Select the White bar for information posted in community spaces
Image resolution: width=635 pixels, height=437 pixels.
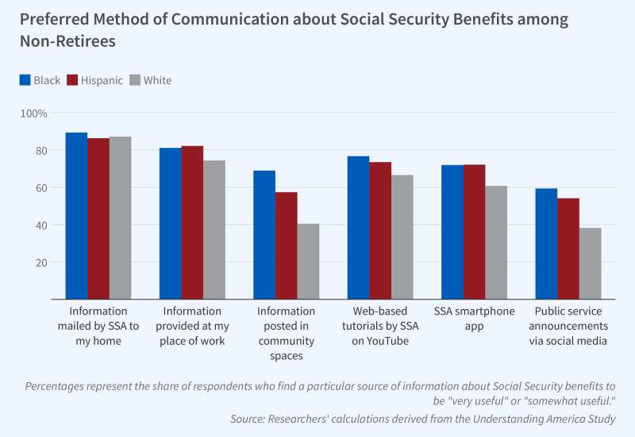pos(308,261)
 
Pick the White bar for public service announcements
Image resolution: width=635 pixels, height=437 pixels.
pos(590,264)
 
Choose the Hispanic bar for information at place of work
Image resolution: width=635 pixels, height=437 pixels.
pos(192,222)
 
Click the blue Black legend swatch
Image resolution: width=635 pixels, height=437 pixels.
pos(25,80)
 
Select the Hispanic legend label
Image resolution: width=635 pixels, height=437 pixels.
pos(102,80)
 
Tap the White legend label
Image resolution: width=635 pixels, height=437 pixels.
pos(157,80)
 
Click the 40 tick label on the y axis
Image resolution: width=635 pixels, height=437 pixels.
pos(40,226)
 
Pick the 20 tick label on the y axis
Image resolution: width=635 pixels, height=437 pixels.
pos(40,263)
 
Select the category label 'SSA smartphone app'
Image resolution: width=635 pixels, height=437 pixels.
pos(475,318)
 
